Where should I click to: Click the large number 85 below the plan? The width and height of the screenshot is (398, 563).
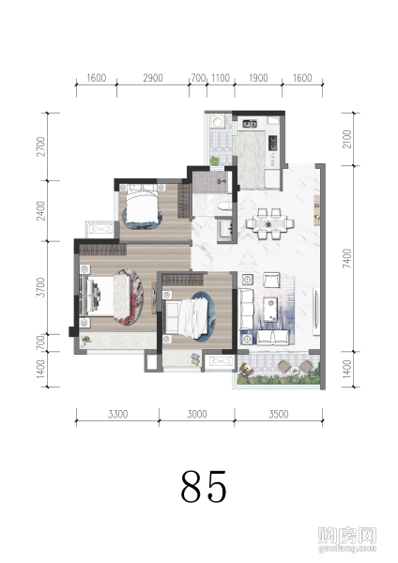(204, 486)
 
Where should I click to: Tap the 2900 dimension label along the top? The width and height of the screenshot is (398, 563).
(153, 78)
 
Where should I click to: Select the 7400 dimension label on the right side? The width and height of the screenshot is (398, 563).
(347, 258)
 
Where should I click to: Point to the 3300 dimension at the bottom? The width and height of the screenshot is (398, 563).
(118, 414)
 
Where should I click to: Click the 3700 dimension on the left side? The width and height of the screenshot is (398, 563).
(41, 287)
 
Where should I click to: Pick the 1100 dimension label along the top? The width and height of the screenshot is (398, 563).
(221, 78)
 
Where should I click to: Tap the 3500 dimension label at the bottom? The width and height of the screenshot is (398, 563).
(279, 414)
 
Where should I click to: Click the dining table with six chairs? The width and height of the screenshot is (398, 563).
(269, 223)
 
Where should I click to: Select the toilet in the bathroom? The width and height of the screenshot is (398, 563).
(224, 206)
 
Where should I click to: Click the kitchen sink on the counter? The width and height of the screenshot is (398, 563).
(250, 124)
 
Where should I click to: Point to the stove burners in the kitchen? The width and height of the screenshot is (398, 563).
(273, 143)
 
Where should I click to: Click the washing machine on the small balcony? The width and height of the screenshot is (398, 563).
(217, 121)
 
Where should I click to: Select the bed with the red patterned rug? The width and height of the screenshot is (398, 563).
(112, 297)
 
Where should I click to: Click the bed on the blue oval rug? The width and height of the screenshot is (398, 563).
(188, 316)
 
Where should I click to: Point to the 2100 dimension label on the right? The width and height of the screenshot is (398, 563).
(347, 139)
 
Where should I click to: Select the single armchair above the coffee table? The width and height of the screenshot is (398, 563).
(271, 280)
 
